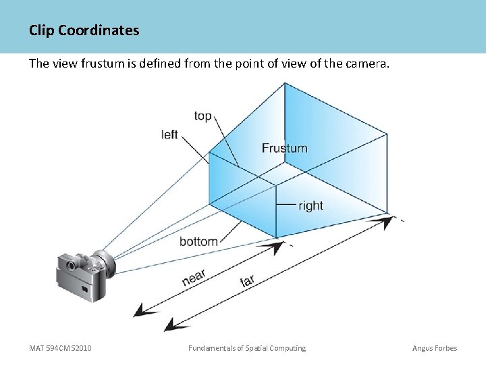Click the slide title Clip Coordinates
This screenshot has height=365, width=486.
click(84, 30)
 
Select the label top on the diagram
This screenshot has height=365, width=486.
click(202, 116)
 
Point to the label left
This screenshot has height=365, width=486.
click(169, 135)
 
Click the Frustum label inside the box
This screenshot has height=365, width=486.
click(284, 148)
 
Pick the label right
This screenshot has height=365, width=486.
click(310, 205)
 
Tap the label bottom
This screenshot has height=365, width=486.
click(198, 241)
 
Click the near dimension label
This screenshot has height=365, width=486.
click(194, 278)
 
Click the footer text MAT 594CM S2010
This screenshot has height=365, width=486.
click(60, 348)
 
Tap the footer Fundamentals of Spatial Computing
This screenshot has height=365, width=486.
click(246, 348)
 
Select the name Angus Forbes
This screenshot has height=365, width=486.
click(435, 348)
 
